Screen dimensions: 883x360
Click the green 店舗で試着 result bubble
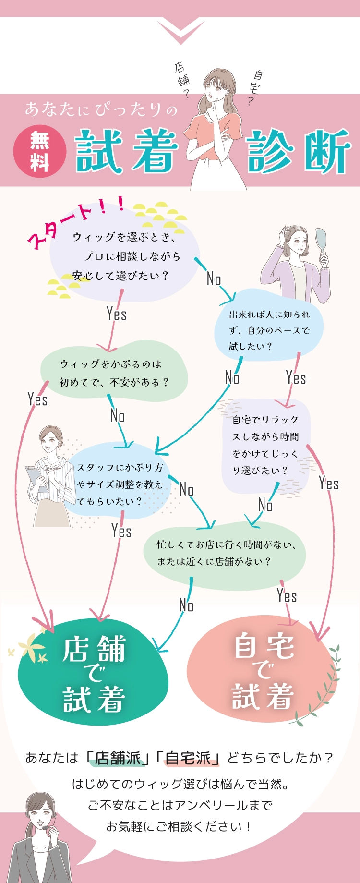(94, 673)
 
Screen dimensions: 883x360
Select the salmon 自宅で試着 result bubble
(263, 670)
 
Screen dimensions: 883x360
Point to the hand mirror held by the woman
(320, 240)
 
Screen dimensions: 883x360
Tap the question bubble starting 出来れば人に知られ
(269, 330)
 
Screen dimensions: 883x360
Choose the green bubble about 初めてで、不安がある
(114, 373)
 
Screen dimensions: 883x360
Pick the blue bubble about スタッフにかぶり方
(120, 484)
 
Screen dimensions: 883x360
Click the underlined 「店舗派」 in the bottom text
(118, 758)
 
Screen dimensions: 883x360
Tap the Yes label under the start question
(117, 314)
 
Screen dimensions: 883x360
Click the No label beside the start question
(214, 278)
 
